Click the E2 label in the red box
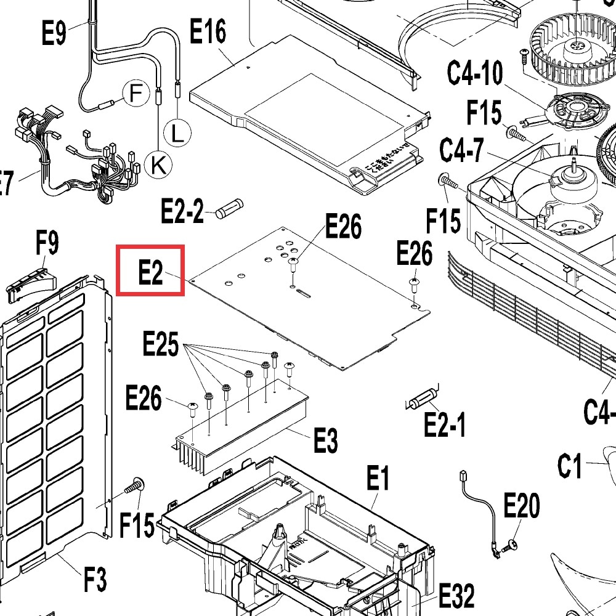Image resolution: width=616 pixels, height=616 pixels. click(151, 271)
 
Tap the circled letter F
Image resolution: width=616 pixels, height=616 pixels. click(136, 94)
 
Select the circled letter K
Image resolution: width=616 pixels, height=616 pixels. click(158, 164)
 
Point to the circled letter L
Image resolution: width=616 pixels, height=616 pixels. click(177, 134)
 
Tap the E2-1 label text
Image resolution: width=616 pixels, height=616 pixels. click(445, 424)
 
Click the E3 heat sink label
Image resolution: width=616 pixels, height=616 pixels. click(325, 440)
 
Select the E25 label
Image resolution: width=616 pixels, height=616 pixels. click(161, 345)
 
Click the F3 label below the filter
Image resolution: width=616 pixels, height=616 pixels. click(95, 580)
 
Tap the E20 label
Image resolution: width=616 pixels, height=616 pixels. click(521, 506)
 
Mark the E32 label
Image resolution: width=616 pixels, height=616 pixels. click(456, 596)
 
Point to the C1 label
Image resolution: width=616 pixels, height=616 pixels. click(570, 466)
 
